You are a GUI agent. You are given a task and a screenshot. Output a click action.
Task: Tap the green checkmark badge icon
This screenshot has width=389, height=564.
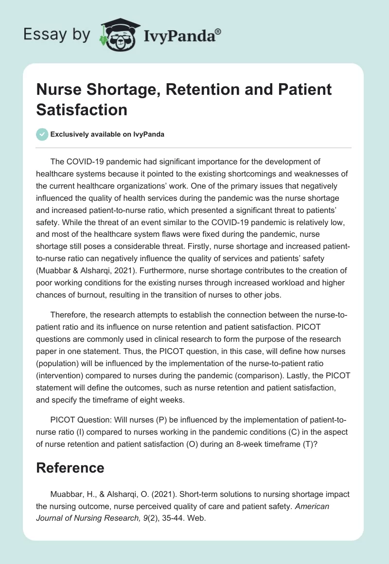coord(42,134)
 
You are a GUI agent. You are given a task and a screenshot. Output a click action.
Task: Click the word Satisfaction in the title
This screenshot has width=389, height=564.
coord(82,109)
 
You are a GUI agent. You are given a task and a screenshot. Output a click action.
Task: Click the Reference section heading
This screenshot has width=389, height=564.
coord(70,467)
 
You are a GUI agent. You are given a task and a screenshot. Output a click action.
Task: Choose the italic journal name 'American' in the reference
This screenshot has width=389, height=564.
coord(312,506)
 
